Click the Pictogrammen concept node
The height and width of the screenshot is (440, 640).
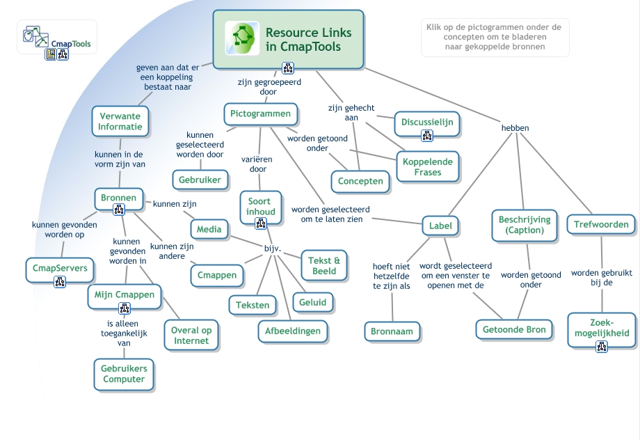[260, 113]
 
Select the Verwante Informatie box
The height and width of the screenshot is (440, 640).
[120, 121]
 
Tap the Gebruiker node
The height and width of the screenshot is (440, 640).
[200, 180]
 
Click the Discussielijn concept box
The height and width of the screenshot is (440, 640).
[427, 122]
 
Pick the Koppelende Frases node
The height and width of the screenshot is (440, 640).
[428, 166]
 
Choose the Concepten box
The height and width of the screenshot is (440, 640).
[360, 181]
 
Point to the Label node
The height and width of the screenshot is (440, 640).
[440, 226]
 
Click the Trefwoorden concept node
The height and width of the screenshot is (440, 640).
[601, 224]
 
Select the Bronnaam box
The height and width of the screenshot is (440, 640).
[392, 331]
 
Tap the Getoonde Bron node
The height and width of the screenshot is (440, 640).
[515, 329]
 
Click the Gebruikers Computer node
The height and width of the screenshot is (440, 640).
[124, 374]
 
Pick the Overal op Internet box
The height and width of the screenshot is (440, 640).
[191, 336]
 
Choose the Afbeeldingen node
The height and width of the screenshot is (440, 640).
[293, 331]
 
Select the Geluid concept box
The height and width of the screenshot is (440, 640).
[313, 302]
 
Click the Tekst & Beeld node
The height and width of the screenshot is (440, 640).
[323, 266]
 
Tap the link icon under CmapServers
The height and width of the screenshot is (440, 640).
[60, 282]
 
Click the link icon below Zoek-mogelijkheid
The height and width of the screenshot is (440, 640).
[602, 346]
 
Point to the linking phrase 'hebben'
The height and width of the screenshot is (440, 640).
[515, 128]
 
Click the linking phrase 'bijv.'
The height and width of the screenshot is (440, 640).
[272, 249]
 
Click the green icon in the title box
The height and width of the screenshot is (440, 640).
[242, 38]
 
